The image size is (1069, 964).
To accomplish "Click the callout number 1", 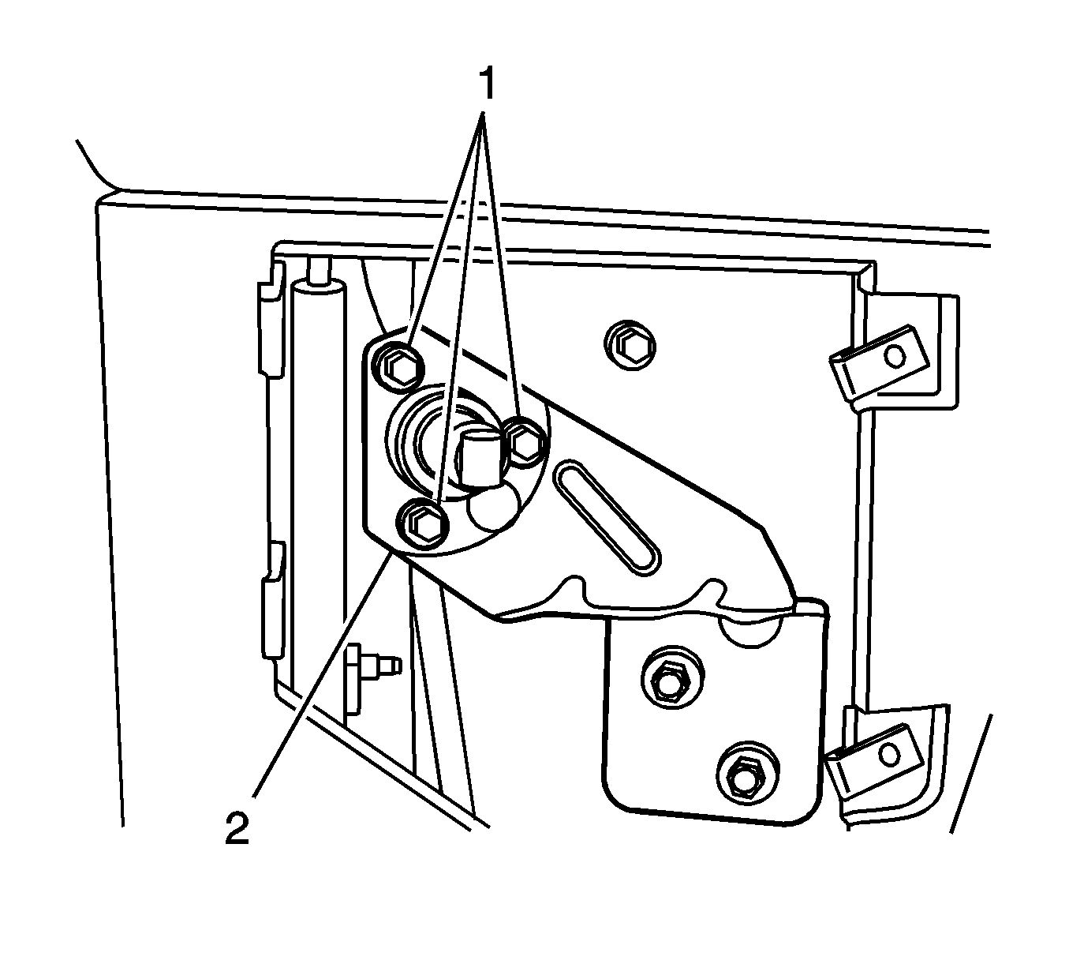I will coord(487,84).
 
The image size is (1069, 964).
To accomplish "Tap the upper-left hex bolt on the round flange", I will coord(395,364).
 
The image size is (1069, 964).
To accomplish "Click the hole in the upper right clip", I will coord(894,357).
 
